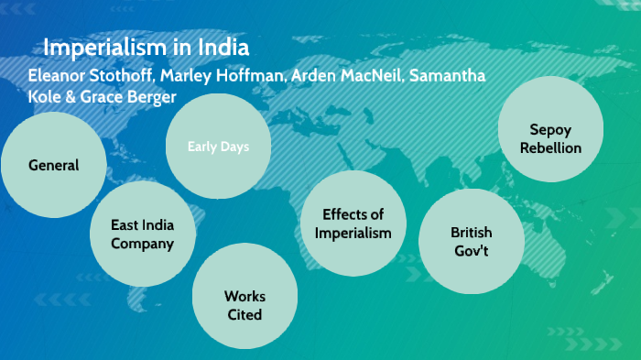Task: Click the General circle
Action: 53,165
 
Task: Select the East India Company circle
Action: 142,234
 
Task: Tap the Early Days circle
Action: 218,147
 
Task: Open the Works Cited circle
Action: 244,305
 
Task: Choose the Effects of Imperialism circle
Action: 353,224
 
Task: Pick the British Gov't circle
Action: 471,241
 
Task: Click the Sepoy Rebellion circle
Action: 550,138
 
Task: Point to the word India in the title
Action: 219,47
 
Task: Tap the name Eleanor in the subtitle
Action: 58,75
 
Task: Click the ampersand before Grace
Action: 71,96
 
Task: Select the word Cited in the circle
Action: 244,314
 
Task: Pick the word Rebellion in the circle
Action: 550,147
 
